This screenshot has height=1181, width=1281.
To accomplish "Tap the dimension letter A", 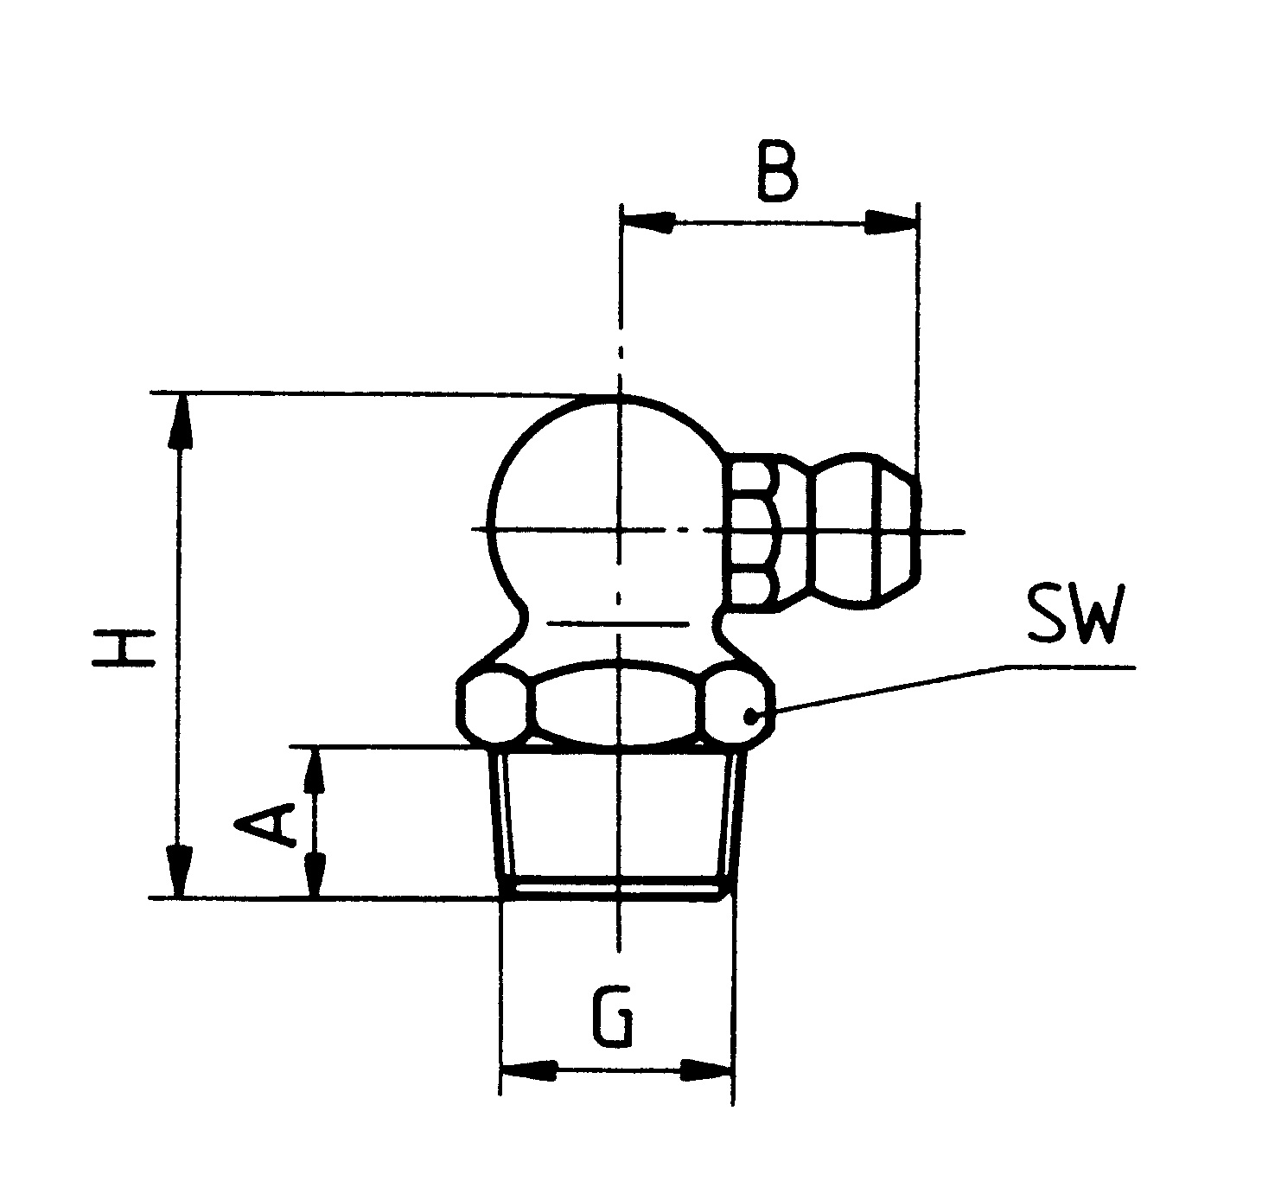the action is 266,824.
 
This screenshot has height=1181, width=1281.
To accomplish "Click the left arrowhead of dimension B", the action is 648,223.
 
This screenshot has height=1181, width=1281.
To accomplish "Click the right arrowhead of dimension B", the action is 891,223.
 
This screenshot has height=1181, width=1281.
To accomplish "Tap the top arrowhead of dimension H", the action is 180,420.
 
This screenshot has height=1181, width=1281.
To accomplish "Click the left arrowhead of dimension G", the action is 528,1070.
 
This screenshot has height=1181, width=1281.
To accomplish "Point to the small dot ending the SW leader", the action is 751,716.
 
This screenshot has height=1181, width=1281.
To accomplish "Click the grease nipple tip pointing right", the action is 864,530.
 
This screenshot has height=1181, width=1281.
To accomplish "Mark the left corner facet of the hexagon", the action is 495,705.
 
